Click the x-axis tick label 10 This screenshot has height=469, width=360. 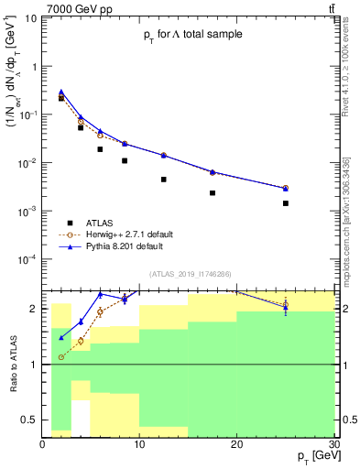[139, 444]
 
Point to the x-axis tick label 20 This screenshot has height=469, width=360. [236, 444]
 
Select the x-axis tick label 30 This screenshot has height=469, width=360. [333, 444]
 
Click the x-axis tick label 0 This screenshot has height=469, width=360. [42, 444]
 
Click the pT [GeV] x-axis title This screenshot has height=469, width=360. [311, 456]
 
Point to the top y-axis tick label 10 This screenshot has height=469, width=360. [28, 17]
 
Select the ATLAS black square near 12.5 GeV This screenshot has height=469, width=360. [163, 180]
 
